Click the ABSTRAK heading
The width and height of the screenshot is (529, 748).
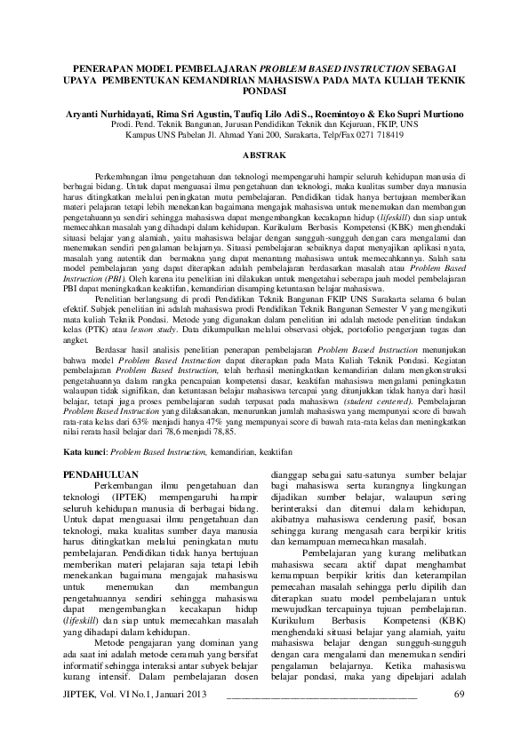264,155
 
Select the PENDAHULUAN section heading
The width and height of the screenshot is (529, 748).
106,475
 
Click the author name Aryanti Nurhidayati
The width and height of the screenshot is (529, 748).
113,115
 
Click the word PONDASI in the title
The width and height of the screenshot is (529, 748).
264,91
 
